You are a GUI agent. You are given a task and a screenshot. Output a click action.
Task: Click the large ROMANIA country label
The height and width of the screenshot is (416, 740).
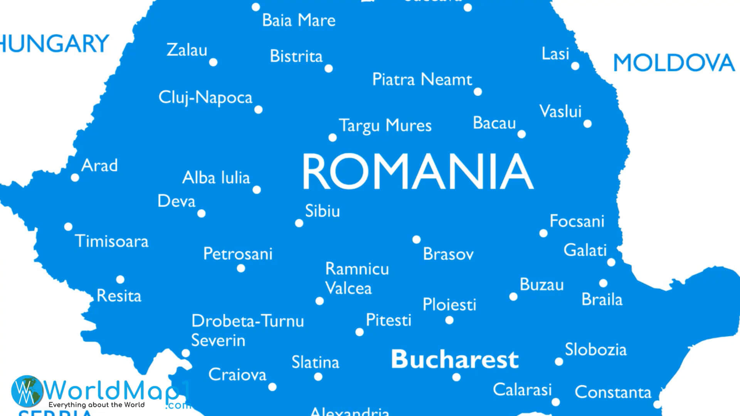coord(418,171)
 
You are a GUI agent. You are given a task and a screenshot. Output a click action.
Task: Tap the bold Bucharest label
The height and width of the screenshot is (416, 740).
coord(455,359)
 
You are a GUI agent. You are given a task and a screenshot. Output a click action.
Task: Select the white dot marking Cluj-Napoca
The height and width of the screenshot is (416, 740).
coord(258,110)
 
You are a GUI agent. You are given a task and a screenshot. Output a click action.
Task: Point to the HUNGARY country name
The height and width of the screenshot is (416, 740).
coord(54,44)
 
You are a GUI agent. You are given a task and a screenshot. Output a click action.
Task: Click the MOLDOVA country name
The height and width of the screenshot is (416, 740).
coord(674,63)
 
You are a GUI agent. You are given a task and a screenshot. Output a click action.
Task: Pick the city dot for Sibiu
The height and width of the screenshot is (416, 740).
coord(299,223)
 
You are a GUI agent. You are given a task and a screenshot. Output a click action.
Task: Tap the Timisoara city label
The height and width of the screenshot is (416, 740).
coord(112,241)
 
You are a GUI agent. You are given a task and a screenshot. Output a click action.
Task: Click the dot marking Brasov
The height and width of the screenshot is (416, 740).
coord(416,240)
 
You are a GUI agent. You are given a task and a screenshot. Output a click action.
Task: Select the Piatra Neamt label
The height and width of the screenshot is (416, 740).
coord(422,79)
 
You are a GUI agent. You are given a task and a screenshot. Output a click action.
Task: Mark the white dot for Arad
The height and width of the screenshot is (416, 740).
coord(75,178)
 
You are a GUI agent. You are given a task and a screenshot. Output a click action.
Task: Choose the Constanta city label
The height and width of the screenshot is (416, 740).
coord(613,392)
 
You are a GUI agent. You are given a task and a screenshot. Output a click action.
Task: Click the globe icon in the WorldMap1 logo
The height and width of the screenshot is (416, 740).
coord(27,391)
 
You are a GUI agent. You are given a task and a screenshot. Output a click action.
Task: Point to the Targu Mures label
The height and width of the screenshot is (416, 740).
coord(385,126)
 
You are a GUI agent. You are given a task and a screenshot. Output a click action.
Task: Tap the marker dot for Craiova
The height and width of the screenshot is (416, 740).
coord(272,387)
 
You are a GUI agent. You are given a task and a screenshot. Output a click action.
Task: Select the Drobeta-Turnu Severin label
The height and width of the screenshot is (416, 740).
coord(247,330)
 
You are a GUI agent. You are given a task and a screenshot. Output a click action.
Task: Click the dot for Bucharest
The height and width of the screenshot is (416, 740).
coord(456,377)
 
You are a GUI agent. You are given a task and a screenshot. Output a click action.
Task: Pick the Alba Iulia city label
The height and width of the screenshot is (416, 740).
coord(216,178)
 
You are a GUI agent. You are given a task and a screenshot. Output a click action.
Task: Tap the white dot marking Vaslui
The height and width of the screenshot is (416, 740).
coord(587,124)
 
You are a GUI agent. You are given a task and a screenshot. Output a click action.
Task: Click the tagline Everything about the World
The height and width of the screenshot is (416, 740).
coord(96,405)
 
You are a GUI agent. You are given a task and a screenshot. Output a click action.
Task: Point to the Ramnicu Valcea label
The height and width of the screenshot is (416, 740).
coord(357,278)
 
